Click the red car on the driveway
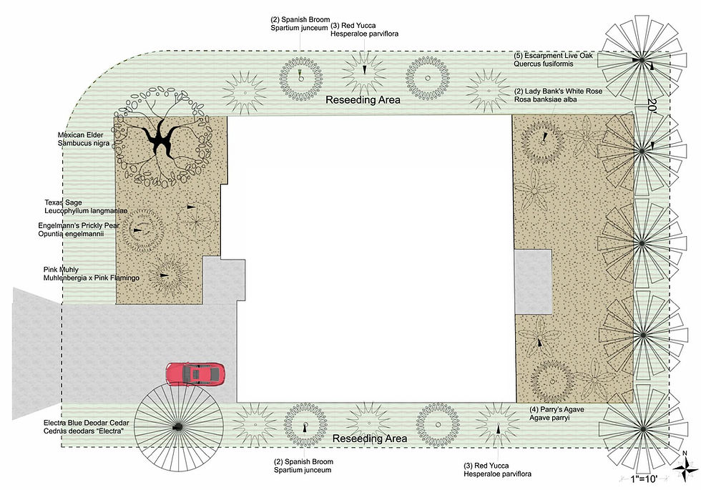pos(195,373)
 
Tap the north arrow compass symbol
pos(685,467)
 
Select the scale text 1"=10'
pos(644,479)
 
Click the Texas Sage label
pos(86,207)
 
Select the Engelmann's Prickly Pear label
pos(79,230)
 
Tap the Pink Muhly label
pos(92,273)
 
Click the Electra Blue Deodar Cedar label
pos(87,426)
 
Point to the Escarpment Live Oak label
pos(553,59)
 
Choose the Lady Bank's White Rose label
pos(558,94)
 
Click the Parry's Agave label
pos(557,413)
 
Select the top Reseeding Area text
pos(363,99)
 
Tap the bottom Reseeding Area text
pos(370,438)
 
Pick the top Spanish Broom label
pos(300,24)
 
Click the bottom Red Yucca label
pos(497,469)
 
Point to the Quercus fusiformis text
pos(543,64)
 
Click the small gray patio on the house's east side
pos(533,282)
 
